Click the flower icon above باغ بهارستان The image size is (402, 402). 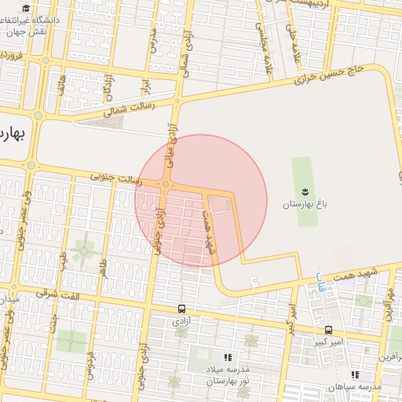click(x=304, y=192)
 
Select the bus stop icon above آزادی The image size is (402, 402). click(x=181, y=309)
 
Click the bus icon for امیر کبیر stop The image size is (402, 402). click(x=328, y=331)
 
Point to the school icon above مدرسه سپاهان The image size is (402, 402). click(x=355, y=375)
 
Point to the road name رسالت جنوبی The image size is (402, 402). click(x=115, y=180)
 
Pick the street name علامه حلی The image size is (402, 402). click(x=292, y=38)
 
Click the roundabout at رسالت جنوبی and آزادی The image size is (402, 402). click(x=165, y=184)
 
